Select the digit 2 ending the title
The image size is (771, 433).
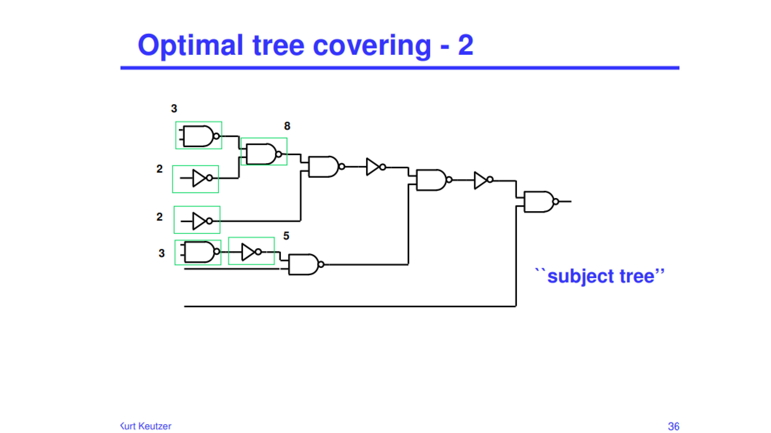pyautogui.click(x=466, y=45)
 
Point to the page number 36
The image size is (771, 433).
pyautogui.click(x=673, y=426)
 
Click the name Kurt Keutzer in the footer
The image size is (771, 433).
pyautogui.click(x=146, y=426)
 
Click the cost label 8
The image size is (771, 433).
pyautogui.click(x=287, y=126)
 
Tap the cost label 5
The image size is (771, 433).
pyautogui.click(x=286, y=236)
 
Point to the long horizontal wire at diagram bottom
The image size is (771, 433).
pyautogui.click(x=350, y=306)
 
